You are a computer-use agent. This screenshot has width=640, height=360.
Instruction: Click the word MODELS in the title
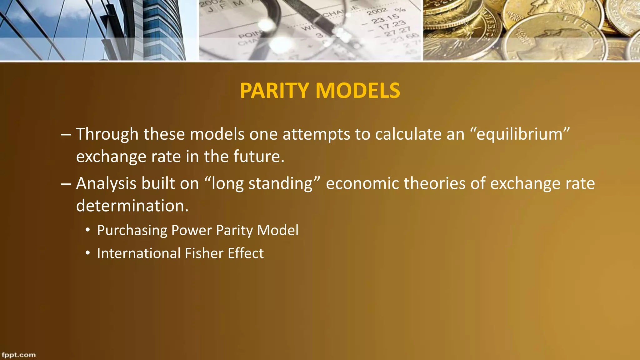(x=357, y=91)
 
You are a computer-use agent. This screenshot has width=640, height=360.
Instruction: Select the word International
(x=139, y=253)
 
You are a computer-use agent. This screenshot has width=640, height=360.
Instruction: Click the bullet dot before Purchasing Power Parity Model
(x=88, y=230)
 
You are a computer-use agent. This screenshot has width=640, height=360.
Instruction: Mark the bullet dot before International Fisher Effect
(x=88, y=253)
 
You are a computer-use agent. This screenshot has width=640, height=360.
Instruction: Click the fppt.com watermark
(x=19, y=355)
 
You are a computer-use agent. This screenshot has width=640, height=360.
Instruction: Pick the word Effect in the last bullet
(x=246, y=253)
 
